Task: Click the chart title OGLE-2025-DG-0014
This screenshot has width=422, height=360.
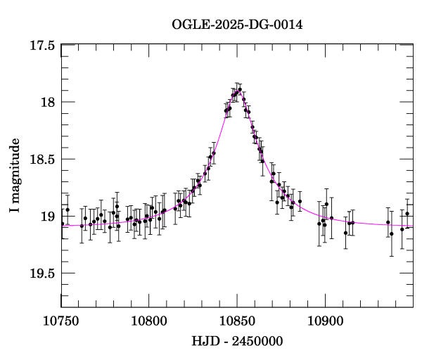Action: [x=237, y=25]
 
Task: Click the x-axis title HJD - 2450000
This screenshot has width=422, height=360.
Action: [x=237, y=342]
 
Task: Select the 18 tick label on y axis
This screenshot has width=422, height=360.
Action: [x=47, y=103]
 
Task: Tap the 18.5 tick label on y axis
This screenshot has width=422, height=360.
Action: [x=41, y=160]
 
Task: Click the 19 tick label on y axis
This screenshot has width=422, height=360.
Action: [x=47, y=217]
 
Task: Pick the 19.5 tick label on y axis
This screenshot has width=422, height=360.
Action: [x=41, y=274]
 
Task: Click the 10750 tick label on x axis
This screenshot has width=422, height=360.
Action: [x=61, y=322]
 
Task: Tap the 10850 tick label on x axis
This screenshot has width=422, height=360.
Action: [x=237, y=322]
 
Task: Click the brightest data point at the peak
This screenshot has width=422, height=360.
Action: [x=239, y=90]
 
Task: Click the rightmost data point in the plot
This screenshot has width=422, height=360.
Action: [x=407, y=213]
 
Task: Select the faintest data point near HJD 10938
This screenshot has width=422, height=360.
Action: [x=392, y=233]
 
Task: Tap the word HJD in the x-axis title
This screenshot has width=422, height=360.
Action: [x=203, y=342]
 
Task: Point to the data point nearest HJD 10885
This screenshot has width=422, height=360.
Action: [x=300, y=202]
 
